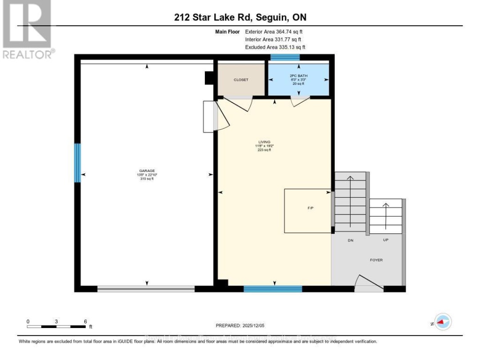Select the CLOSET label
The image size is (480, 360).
[x=241, y=80]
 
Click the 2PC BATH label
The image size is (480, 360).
[x=299, y=76]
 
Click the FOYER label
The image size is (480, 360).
[x=376, y=260]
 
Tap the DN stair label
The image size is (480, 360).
[x=351, y=240]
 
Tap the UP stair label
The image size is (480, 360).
[x=386, y=240]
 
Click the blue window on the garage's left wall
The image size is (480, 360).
[x=77, y=163]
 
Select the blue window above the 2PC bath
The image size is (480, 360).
[x=285, y=57]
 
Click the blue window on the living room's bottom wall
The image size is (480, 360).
[x=272, y=289]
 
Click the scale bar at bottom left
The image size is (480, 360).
[x=56, y=326]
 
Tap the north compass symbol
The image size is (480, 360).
[x=443, y=322]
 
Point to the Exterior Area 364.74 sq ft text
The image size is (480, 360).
[x=274, y=32]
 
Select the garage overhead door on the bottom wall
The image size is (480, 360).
[x=146, y=289]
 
